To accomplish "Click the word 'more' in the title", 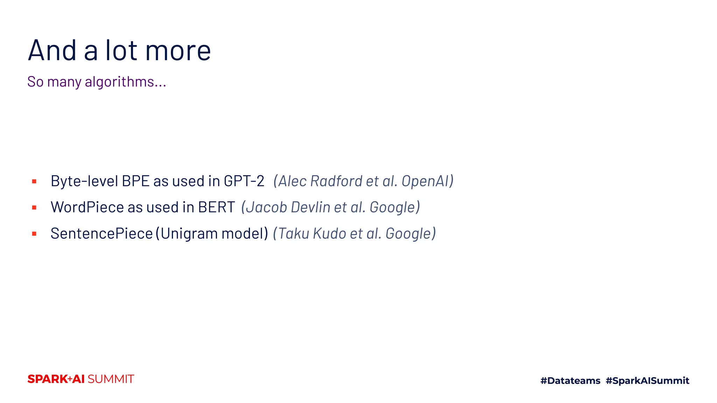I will pos(178,51).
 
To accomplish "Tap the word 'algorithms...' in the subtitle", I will pos(125,82).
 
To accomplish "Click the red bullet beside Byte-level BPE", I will pos(34,181).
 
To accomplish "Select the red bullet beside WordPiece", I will pos(34,207).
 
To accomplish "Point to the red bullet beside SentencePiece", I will pos(34,234).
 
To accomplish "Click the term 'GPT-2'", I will pos(244,181).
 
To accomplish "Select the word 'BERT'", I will pos(216,207).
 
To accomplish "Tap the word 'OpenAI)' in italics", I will pos(427,181).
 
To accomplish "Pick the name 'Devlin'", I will pos(311,207).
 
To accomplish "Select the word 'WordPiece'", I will pos(87,207).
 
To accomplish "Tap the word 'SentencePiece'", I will pos(102,233).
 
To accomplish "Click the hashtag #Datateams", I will pos(570,381).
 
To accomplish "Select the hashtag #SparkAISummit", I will pos(647,381).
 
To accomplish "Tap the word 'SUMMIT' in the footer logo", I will pos(111,379).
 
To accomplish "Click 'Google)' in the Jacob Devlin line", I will pos(395,207).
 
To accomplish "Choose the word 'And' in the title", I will pos(52,51).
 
